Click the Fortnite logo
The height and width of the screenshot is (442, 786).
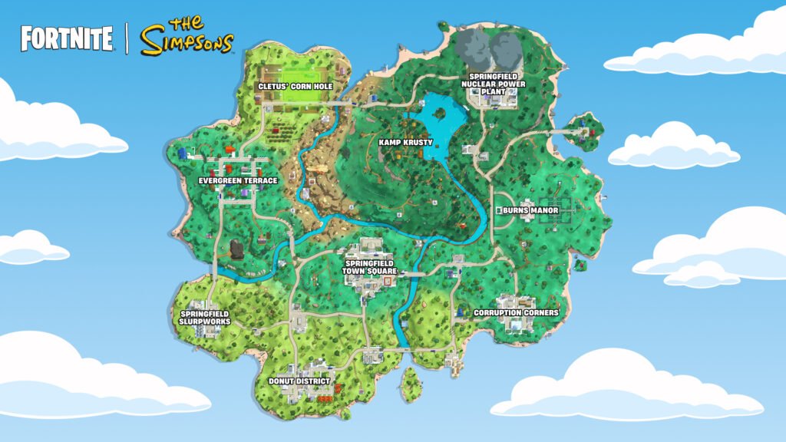(67, 38)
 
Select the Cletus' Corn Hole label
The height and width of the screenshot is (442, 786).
(296, 87)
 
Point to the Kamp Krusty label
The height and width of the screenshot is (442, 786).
(406, 142)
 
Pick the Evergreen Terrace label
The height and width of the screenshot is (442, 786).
(237, 181)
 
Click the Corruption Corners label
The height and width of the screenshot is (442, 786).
(516, 313)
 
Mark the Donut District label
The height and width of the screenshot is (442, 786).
(299, 381)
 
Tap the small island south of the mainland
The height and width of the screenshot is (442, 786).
(411, 381)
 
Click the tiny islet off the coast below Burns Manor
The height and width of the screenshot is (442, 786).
(580, 266)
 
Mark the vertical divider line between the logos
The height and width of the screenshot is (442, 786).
(126, 38)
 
